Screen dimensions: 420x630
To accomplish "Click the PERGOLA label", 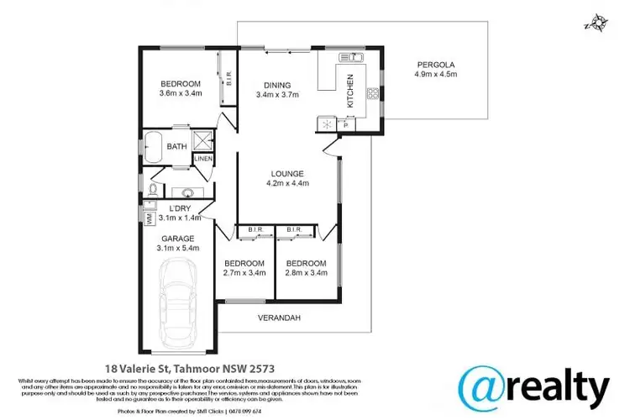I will (435, 64).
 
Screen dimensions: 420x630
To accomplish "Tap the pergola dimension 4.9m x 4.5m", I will (435, 75).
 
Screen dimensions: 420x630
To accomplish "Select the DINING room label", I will (277, 85).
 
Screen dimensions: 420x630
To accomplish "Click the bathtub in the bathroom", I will (154, 146).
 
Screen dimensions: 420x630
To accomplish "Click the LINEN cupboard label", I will (203, 159).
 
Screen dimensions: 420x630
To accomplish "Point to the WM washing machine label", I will (150, 218).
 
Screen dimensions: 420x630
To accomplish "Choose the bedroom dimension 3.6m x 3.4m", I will (180, 92).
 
